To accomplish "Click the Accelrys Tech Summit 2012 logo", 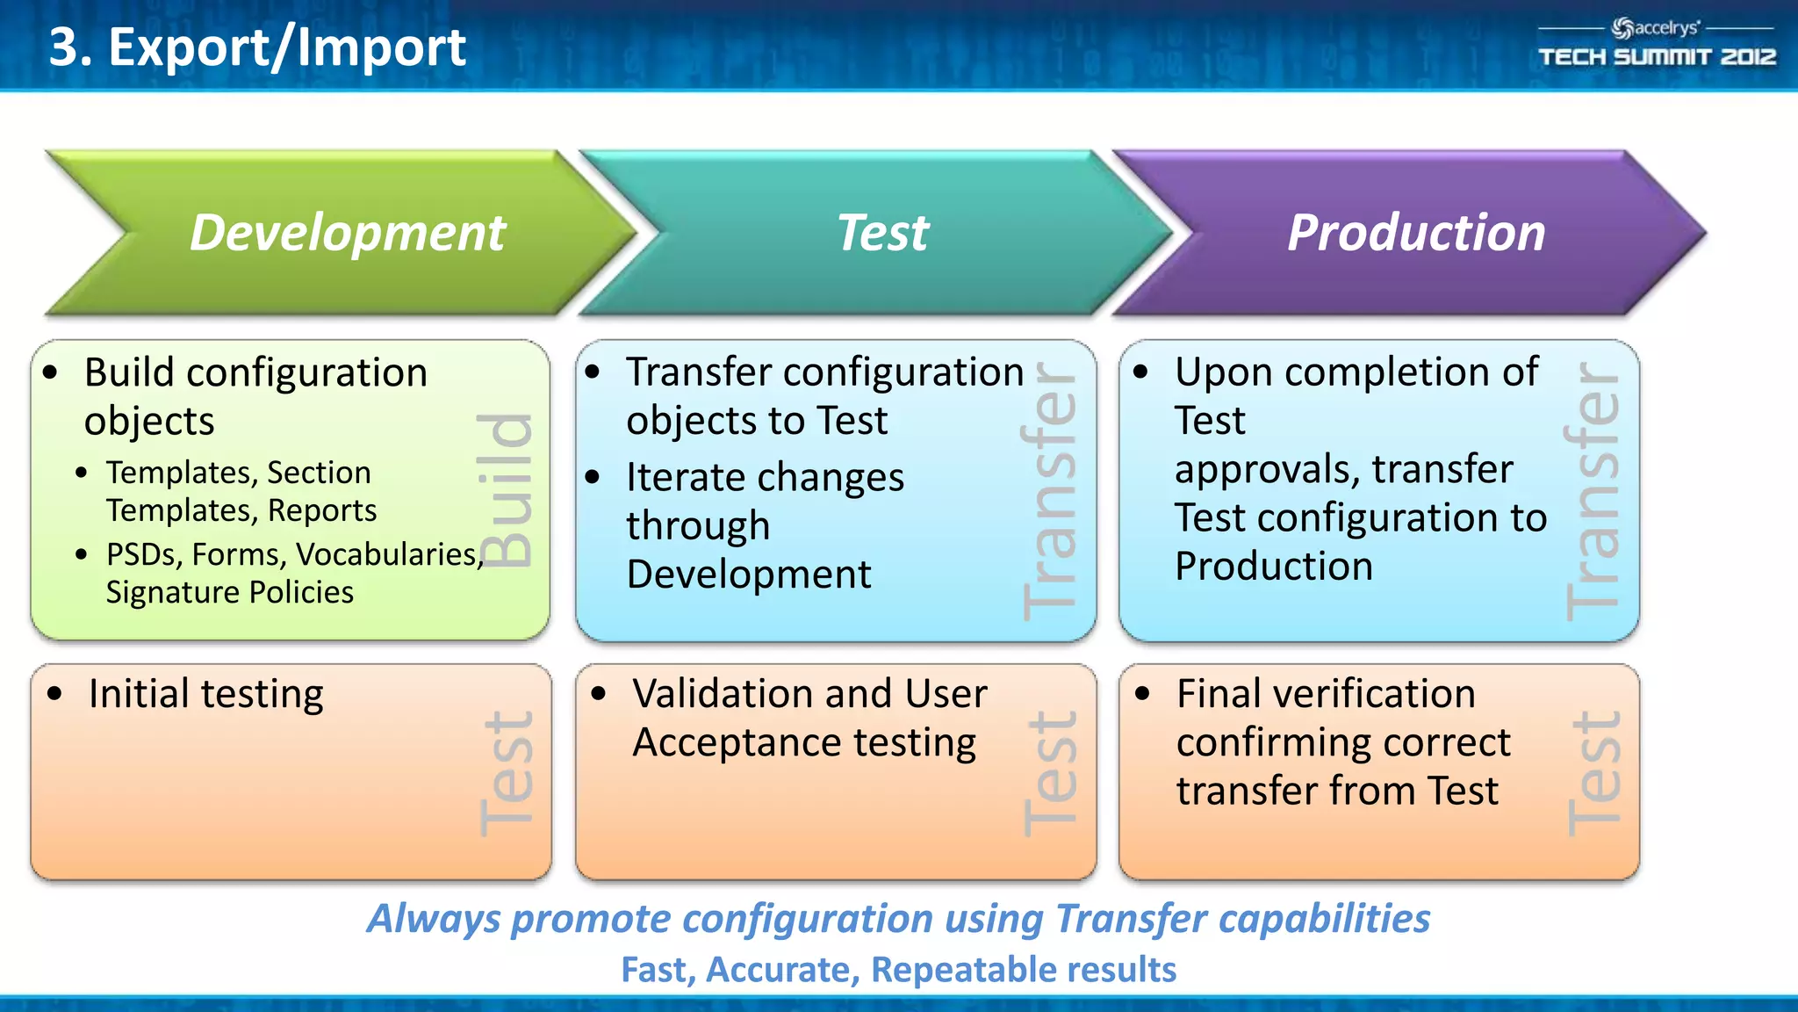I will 1656,43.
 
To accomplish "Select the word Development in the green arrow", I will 348,233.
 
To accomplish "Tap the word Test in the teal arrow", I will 882,233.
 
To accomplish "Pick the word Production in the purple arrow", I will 1416,233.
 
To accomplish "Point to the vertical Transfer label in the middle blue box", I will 1049,492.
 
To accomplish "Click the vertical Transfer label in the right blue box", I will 1592,492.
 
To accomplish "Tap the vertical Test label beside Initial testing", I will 507,773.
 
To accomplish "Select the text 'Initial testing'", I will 205,694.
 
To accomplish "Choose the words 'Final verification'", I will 1326,694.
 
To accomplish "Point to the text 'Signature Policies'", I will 229,592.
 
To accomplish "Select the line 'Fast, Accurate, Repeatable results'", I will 898,970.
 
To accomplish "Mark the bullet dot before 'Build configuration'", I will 50,372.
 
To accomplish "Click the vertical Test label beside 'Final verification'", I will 1593,773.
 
